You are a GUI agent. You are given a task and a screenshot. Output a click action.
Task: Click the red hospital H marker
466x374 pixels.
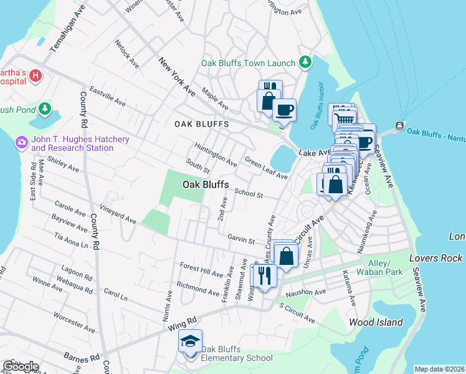[x=36, y=76]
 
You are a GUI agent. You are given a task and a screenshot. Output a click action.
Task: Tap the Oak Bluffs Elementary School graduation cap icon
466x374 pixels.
[x=190, y=342]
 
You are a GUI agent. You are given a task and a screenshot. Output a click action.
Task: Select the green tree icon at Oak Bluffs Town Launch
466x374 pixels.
[x=305, y=62]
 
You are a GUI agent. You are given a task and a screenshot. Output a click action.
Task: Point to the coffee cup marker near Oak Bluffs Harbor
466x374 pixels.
[x=284, y=110]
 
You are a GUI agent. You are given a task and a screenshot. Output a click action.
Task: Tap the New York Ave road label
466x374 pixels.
[x=177, y=77]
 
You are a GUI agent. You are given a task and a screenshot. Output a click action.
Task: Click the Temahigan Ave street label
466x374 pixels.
[x=67, y=30]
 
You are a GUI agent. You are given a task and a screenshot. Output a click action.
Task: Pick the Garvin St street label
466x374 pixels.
[x=241, y=240]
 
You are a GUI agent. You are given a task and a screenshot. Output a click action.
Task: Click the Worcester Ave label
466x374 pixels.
[x=74, y=323]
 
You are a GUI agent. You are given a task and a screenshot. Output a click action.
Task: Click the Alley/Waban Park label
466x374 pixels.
[x=382, y=267]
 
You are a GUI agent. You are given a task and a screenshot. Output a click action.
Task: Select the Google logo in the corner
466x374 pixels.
[x=21, y=366]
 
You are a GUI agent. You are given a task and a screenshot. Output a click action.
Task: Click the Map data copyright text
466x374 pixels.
[x=439, y=369]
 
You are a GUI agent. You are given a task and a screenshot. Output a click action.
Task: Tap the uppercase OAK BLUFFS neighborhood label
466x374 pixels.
[x=201, y=124]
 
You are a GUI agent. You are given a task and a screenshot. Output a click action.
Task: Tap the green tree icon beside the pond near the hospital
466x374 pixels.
[x=44, y=109]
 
